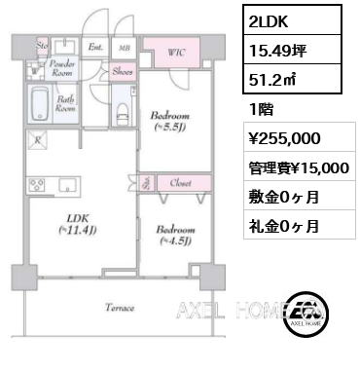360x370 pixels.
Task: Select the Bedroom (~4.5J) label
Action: [x=176, y=236]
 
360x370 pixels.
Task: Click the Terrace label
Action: [x=120, y=307]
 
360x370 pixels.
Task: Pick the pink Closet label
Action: [x=180, y=181]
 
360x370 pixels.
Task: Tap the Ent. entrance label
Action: [x=95, y=45]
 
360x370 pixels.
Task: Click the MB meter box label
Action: [x=125, y=45]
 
